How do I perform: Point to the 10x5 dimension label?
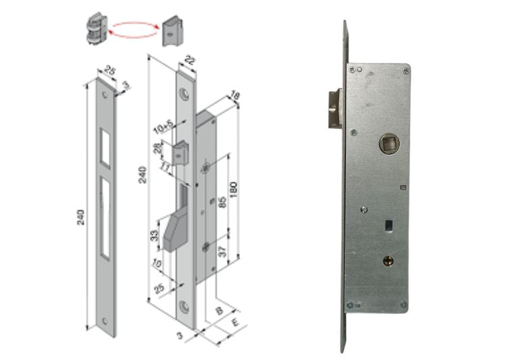(163, 126)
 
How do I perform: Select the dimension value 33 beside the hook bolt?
(155, 236)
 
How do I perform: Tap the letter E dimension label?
(234, 322)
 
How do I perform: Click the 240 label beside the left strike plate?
(82, 217)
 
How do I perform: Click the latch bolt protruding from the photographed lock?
(334, 107)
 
